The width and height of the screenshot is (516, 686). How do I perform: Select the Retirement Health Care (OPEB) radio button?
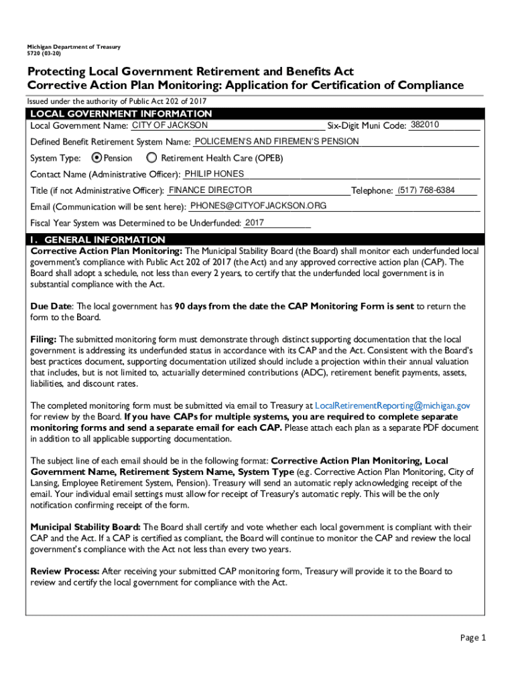[151, 158]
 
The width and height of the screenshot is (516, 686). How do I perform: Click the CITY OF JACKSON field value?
[170, 125]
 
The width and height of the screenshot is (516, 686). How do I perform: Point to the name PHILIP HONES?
[209, 174]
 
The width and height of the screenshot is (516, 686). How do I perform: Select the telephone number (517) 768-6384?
[426, 190]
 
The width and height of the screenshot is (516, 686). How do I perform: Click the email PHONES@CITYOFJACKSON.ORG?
[258, 206]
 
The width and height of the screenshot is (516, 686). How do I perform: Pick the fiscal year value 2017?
[255, 222]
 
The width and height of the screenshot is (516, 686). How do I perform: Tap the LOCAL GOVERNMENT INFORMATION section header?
[121, 114]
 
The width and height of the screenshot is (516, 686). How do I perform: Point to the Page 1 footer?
[473, 637]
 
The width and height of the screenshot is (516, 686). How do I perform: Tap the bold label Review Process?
[65, 571]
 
